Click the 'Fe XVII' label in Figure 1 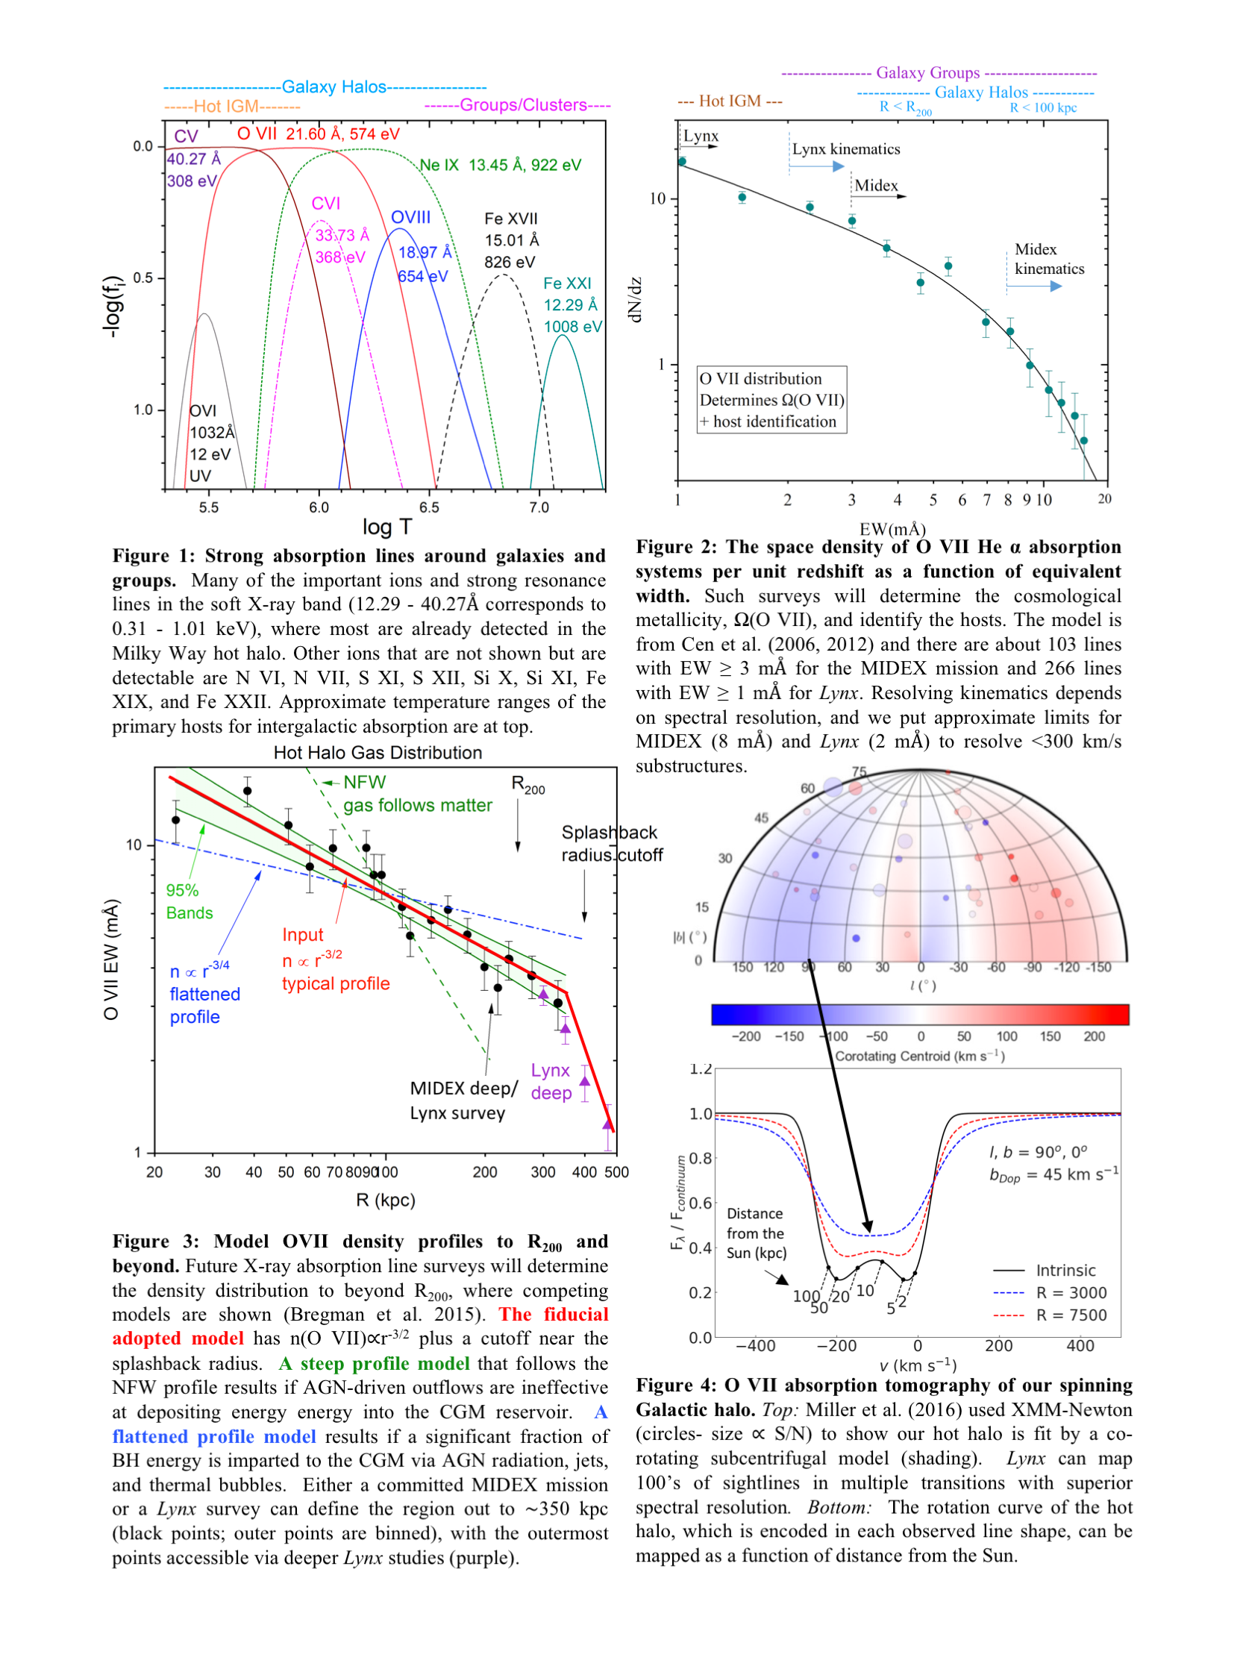click(510, 219)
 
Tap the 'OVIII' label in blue click(410, 218)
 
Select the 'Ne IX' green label click(439, 165)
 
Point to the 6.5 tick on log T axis click(428, 508)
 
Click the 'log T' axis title click(386, 527)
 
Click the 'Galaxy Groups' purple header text click(927, 73)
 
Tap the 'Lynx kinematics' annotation click(846, 148)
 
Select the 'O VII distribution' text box click(771, 400)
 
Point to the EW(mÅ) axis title click(892, 529)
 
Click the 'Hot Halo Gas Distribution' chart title click(378, 753)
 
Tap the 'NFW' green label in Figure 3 click(364, 782)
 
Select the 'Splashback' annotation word click(609, 832)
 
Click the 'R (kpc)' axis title click(385, 1200)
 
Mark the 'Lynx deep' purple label click(551, 1081)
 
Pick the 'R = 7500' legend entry click(1071, 1315)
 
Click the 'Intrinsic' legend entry click(1065, 1271)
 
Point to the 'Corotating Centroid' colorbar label click(919, 1056)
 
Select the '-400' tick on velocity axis click(755, 1345)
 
